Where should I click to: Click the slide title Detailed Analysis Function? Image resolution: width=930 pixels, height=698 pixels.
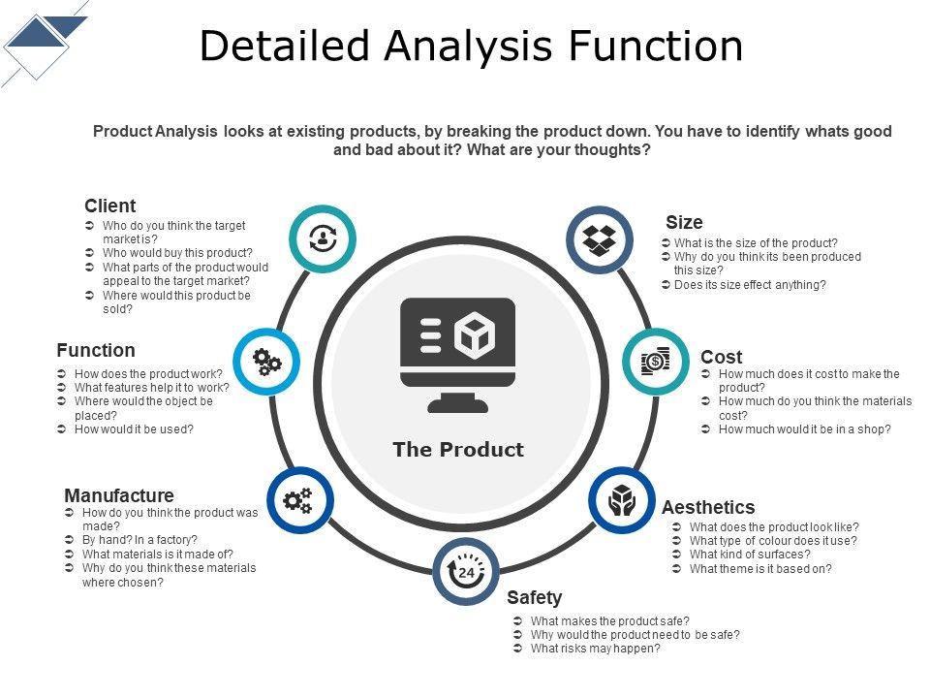coord(471,46)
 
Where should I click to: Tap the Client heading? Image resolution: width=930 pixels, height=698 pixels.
coord(109,206)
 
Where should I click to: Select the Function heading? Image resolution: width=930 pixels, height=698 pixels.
coord(96,350)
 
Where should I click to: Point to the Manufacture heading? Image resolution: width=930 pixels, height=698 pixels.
coord(119,495)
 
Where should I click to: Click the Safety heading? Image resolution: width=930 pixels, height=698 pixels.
coord(534,597)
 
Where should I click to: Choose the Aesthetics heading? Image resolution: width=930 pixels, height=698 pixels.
coord(708,507)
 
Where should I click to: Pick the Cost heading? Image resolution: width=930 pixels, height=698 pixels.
coord(721,357)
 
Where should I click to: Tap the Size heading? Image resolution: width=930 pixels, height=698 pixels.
coord(684,222)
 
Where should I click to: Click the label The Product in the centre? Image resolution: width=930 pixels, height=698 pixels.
coord(457,449)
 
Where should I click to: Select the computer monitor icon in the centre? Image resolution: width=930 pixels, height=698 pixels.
coord(457,354)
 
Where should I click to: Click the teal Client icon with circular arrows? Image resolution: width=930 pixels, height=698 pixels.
coord(323,238)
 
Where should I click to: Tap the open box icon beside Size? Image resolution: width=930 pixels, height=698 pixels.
coord(600,238)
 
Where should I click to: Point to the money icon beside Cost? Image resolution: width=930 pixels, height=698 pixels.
coord(655,362)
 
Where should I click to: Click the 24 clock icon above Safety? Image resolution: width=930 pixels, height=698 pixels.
coord(466,571)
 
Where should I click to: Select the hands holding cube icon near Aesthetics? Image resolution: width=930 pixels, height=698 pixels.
coord(621,499)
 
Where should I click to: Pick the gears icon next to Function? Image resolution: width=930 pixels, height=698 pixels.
coord(266,362)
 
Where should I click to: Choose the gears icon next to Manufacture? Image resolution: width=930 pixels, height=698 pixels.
coord(298,500)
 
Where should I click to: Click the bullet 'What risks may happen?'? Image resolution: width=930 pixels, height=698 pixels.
coord(595,649)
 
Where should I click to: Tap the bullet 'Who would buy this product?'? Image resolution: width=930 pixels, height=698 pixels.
coord(177,253)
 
